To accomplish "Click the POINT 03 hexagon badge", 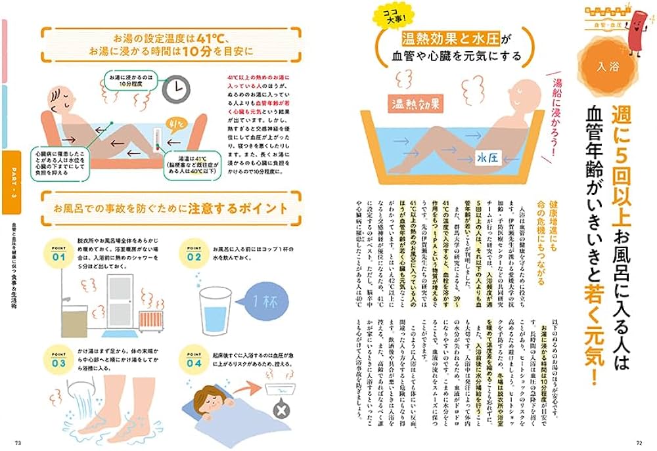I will click(57, 358).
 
